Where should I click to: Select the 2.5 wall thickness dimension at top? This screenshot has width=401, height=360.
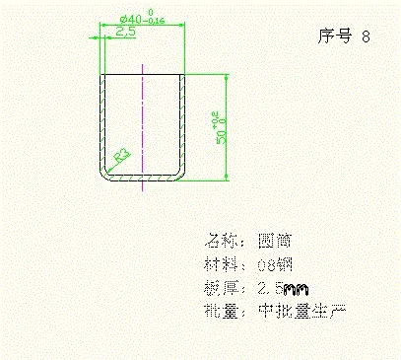[x=125, y=33]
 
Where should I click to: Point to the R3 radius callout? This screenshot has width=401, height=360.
[x=123, y=155]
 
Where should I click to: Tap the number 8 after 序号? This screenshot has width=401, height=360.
[x=367, y=37]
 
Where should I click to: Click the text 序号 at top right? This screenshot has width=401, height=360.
[x=335, y=37]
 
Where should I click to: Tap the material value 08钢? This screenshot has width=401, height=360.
[x=275, y=264]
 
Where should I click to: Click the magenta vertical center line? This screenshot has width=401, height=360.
[x=143, y=118]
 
